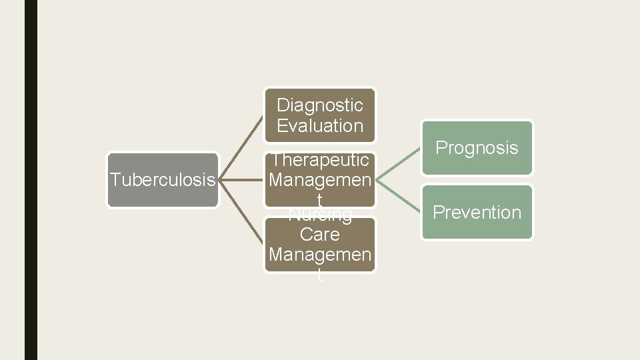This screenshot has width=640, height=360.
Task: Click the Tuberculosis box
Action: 163,180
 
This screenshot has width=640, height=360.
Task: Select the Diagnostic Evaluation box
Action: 320,115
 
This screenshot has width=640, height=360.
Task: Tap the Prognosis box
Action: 477,148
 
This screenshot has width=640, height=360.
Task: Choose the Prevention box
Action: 477,212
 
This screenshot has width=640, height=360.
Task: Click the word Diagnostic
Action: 320,105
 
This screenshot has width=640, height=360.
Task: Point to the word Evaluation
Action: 320,125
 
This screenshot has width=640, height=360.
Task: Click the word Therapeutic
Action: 320,160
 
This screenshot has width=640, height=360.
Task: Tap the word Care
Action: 320,235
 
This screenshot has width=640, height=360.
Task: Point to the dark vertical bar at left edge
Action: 31,180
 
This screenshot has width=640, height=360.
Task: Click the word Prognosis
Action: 477,148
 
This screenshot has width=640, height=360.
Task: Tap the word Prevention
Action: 477,212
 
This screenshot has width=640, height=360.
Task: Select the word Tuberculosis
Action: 163,180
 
